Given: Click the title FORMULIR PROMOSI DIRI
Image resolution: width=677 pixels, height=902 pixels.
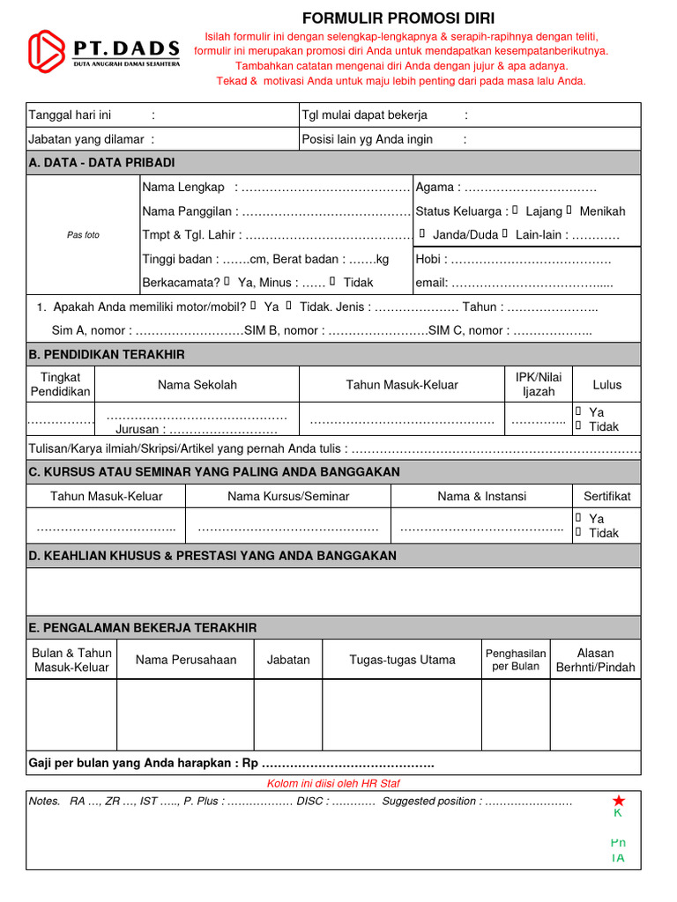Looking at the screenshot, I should pos(398,18).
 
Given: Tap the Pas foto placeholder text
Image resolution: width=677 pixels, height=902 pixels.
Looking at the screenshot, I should pos(84,235).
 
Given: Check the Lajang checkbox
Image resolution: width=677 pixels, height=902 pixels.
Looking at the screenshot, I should pos(516,211).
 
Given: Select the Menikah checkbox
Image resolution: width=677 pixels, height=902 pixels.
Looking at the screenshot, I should pos(569,211).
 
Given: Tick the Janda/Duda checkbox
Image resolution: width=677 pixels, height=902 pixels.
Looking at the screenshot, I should pos(422,234).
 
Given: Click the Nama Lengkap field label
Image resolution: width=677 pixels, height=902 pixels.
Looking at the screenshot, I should pos(183,187).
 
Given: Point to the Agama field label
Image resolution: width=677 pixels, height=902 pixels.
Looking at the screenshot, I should pos(435,187).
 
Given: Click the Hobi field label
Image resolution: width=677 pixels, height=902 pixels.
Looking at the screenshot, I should pos(430,259).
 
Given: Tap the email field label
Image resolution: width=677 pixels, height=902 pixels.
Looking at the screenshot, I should pos(432,283).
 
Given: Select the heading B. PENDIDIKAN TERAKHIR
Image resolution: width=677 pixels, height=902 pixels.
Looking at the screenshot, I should pos(107,354).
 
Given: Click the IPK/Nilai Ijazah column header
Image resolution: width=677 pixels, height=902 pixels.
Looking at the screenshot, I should pos(538,384).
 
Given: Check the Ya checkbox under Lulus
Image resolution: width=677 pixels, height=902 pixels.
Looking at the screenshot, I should pos(578,411).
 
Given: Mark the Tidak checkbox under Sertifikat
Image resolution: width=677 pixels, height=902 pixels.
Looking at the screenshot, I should pos(578,532).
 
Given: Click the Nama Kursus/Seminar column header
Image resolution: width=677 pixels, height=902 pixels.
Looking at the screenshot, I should pos(288,496).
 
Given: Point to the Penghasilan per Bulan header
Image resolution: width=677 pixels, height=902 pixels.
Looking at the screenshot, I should pos(516,659).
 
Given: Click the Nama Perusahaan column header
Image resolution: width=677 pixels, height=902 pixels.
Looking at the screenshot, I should pos(186,660).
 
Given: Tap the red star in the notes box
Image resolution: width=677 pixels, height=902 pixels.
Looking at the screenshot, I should pos(619,800).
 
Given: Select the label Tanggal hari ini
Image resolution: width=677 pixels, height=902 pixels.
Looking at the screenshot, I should pos(71,115).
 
